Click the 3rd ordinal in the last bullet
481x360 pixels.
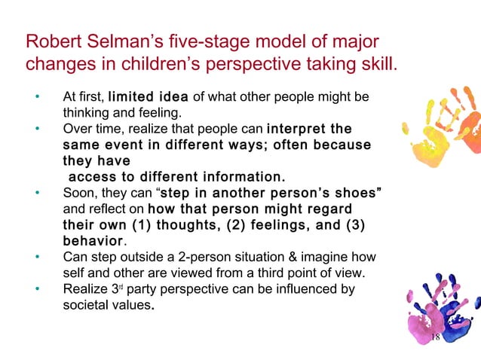(139, 289)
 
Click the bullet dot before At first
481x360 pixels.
(35, 98)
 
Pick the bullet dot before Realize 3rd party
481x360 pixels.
(35, 290)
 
